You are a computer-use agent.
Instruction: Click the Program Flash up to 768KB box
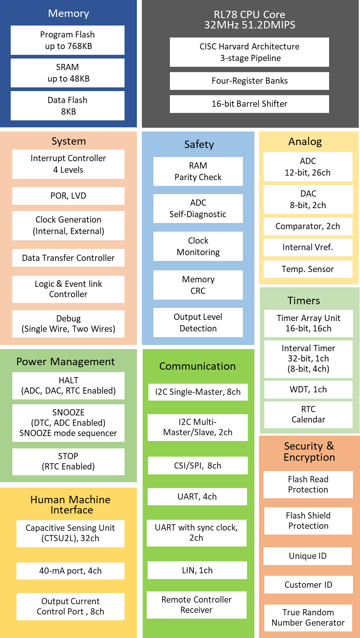click(x=68, y=40)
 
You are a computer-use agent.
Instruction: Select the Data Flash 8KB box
click(x=68, y=106)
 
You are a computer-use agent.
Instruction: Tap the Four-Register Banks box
click(x=249, y=81)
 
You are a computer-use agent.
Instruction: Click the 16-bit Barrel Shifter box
click(x=249, y=104)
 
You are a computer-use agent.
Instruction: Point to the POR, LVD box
click(x=68, y=196)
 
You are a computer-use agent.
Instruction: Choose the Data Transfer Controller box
click(x=68, y=258)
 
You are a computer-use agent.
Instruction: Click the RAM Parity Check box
click(x=198, y=171)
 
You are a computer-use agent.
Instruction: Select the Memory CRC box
click(x=198, y=285)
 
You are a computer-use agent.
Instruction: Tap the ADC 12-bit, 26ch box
click(x=308, y=167)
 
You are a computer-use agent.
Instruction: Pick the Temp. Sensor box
click(x=308, y=269)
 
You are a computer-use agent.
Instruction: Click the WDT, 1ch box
click(x=308, y=389)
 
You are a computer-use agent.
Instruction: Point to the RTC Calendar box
click(x=308, y=414)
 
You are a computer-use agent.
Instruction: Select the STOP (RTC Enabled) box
click(x=68, y=461)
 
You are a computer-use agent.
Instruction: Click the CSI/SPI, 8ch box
click(x=198, y=466)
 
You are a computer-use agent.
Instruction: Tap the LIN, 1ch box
click(x=198, y=570)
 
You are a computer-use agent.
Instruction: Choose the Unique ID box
click(x=308, y=556)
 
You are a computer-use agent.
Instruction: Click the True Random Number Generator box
click(x=308, y=617)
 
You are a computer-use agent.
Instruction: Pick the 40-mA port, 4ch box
click(x=71, y=571)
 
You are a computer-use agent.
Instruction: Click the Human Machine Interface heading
click(x=71, y=505)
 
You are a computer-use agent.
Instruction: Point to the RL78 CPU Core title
click(x=249, y=20)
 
